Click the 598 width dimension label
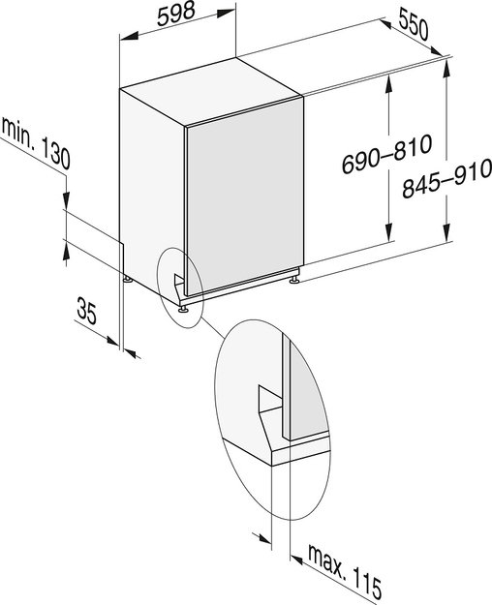(x=175, y=14)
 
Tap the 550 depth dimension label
(x=414, y=25)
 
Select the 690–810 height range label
(x=387, y=154)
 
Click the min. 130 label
(x=36, y=143)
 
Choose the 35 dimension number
(x=86, y=311)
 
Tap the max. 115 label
(x=345, y=572)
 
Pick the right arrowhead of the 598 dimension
(x=226, y=14)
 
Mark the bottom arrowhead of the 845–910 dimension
(x=446, y=232)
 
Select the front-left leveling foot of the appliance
(x=183, y=308)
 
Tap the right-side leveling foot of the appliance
(x=294, y=279)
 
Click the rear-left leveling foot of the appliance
(x=128, y=279)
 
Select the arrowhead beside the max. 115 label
(x=296, y=560)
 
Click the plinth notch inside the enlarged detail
(x=270, y=399)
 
